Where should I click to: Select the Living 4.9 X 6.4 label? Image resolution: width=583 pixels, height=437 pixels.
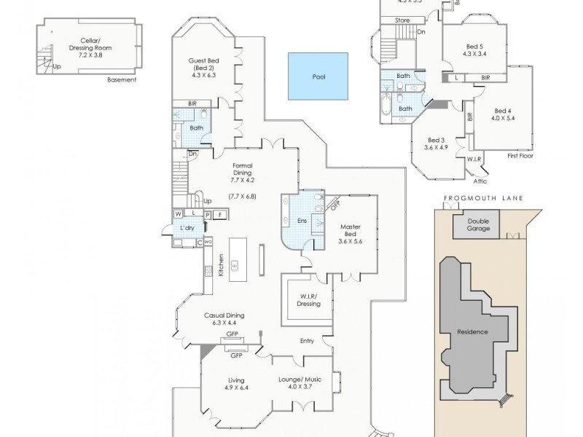click(x=235, y=385)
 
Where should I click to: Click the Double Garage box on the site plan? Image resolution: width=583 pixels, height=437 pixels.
click(x=478, y=225)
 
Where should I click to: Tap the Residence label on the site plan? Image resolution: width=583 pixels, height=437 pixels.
click(x=472, y=332)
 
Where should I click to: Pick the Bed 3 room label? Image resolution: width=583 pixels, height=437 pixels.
click(x=436, y=143)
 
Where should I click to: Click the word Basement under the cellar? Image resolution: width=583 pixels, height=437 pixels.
click(x=121, y=79)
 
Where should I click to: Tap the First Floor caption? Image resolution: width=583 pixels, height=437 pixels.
click(x=521, y=156)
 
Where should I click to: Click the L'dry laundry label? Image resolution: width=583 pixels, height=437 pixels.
click(x=187, y=228)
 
